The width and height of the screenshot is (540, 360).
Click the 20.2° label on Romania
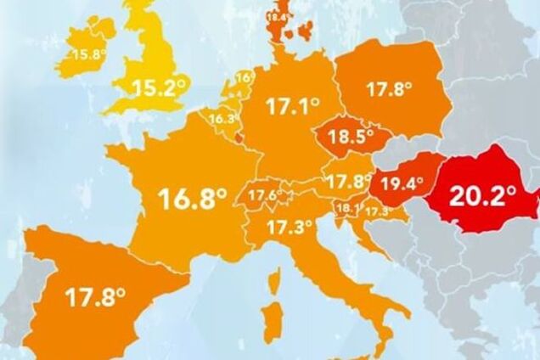point(482,197)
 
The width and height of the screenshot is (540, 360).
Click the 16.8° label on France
point(193,200)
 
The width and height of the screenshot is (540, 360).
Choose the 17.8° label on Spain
point(95,298)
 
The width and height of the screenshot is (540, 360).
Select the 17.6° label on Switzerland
point(265,196)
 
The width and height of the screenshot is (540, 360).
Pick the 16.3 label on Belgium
point(221,120)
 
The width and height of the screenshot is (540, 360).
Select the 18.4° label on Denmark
point(279,15)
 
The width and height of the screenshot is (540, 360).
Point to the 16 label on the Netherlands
point(243,78)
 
